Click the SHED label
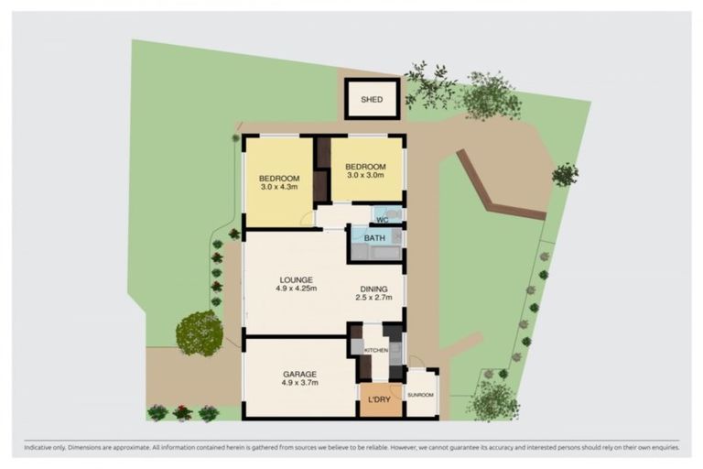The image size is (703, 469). [x=372, y=100]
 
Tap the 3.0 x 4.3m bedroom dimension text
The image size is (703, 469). [x=278, y=188]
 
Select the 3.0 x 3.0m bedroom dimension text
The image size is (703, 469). [x=363, y=175]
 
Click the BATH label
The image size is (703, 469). [x=375, y=238]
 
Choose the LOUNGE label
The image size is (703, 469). [x=297, y=280]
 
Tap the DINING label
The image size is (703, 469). [x=373, y=287]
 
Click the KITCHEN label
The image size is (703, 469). [x=376, y=351]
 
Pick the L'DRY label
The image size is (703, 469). [x=380, y=402]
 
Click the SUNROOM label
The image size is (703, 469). [x=421, y=394]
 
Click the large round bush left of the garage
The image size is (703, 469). [x=199, y=333]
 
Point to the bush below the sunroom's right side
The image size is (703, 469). [x=493, y=399]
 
